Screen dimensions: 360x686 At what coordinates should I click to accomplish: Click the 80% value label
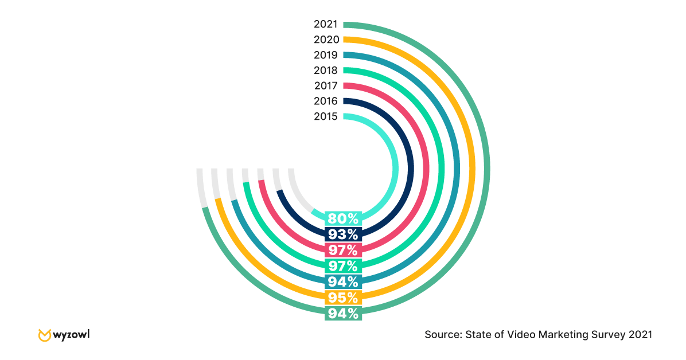pyautogui.click(x=343, y=218)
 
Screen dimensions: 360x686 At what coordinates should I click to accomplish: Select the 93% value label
pyautogui.click(x=343, y=234)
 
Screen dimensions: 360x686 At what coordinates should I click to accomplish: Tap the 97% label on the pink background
pyautogui.click(x=343, y=250)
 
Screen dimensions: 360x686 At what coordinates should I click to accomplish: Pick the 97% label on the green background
pyautogui.click(x=343, y=266)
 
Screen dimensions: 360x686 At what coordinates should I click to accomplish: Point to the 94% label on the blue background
pyautogui.click(x=343, y=282)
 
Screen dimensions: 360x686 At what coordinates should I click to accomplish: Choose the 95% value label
pyautogui.click(x=343, y=298)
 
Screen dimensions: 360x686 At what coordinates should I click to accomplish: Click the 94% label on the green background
pyautogui.click(x=343, y=314)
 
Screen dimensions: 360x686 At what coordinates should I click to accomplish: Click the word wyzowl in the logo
pyautogui.click(x=71, y=334)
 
